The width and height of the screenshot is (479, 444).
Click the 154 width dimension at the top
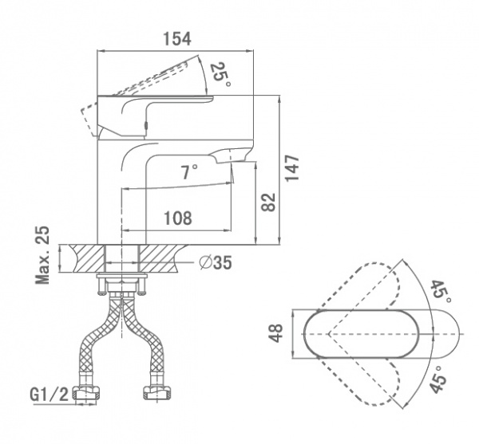coord(177,39)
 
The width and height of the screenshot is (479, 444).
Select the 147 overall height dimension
coord(291,168)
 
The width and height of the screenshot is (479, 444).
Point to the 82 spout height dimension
coord(269,202)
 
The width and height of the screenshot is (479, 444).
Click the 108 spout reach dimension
coord(178,218)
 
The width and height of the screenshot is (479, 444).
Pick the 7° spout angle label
coord(190,171)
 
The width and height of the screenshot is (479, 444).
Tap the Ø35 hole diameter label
coord(216,262)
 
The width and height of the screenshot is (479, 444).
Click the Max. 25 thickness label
coord(42,255)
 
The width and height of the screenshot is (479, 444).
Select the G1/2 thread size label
coord(49,395)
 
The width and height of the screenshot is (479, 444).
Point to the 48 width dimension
coord(276,333)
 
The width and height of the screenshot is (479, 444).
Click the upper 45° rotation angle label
coord(441,292)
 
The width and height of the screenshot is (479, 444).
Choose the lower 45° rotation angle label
coord(438,379)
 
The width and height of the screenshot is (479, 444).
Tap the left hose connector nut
coord(87,392)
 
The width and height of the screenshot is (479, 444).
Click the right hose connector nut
coord(158,392)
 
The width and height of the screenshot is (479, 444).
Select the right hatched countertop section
coord(159,258)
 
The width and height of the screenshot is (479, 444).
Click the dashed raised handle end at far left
coord(89,120)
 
